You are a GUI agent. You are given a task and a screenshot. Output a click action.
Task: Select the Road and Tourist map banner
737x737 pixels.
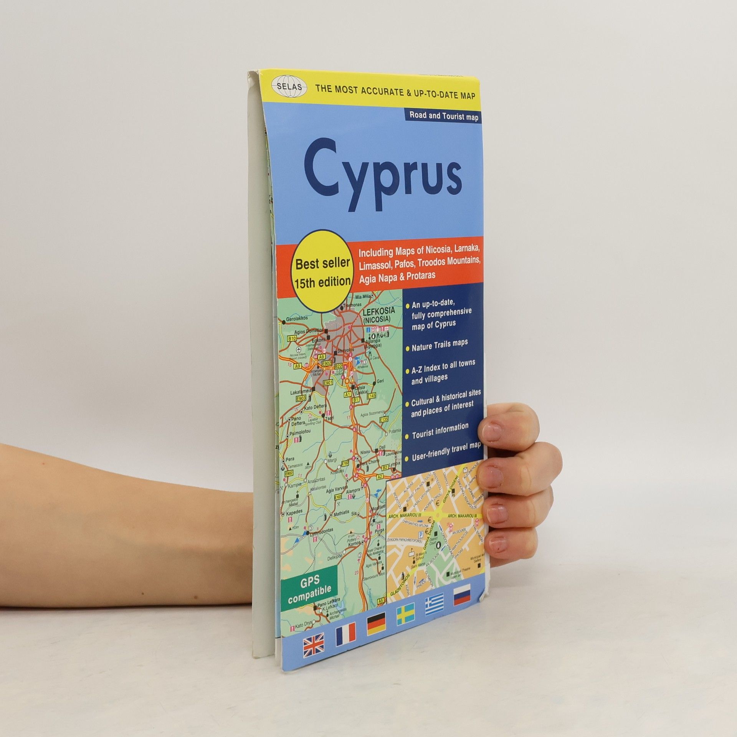pos(444,116)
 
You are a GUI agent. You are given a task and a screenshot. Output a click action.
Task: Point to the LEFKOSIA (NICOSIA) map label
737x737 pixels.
pos(377,316)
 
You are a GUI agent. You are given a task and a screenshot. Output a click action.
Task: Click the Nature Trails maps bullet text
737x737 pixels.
pos(440,346)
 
